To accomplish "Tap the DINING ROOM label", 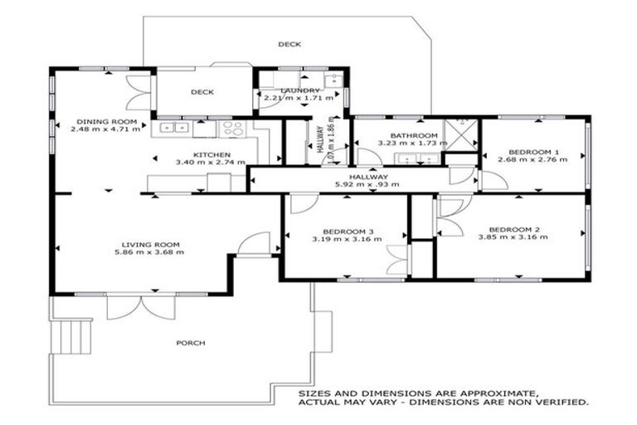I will coord(105,121).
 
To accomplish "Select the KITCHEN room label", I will coord(206,154).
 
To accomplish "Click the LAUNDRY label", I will coord(300,90).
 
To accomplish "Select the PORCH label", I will coord(190,343).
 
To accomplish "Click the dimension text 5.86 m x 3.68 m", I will coord(149,252).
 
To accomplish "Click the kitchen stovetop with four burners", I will coord(232,128).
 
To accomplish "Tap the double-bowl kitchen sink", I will coord(175,128).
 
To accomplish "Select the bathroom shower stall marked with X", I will coord(460,133).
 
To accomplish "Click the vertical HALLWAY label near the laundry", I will coord(319,140).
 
